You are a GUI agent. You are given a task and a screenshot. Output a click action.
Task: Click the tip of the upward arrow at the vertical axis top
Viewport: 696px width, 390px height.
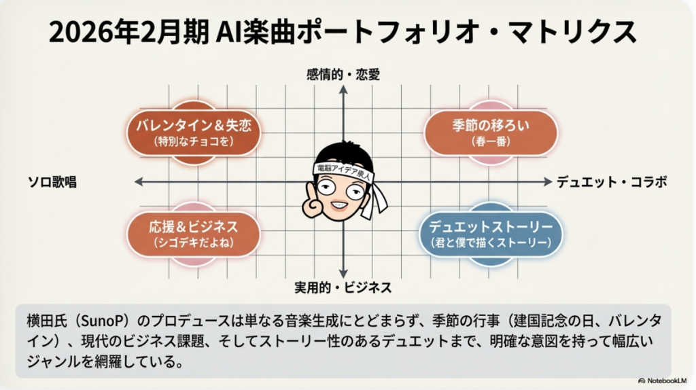[x=343, y=86]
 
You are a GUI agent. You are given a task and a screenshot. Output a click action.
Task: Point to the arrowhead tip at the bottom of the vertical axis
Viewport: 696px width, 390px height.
[x=343, y=278]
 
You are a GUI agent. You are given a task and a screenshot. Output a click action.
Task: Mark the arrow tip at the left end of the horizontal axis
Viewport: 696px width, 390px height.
[x=135, y=181]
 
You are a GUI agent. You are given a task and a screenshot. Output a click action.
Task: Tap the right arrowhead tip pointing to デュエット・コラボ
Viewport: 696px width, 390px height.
[x=552, y=181]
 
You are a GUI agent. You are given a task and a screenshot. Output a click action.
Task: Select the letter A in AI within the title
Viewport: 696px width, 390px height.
[x=224, y=33]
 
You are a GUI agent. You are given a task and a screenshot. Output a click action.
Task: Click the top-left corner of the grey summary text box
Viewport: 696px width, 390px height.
[x=16, y=304]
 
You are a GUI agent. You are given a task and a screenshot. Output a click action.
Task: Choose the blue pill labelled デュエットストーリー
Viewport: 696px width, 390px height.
[x=491, y=234]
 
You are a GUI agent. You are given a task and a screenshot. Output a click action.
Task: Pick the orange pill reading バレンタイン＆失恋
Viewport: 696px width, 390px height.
[x=194, y=132]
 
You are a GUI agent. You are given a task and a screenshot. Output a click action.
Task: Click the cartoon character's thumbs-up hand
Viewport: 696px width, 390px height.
[x=313, y=202]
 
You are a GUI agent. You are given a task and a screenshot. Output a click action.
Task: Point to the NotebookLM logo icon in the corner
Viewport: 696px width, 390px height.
[x=642, y=380]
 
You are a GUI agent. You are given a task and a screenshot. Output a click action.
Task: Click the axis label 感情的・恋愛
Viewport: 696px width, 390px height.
[x=343, y=75]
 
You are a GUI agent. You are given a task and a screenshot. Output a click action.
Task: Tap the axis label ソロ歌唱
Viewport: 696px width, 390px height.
[x=52, y=182]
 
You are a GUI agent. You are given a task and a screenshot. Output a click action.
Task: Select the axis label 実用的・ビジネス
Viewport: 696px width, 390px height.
[x=343, y=287]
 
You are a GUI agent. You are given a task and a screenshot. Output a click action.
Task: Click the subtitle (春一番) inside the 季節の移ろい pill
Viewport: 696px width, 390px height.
[x=491, y=141]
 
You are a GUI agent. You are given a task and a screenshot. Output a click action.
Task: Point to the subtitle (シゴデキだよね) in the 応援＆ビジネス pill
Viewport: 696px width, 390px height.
[x=194, y=243]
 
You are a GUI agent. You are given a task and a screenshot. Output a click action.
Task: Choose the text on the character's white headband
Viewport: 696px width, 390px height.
[x=343, y=172]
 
